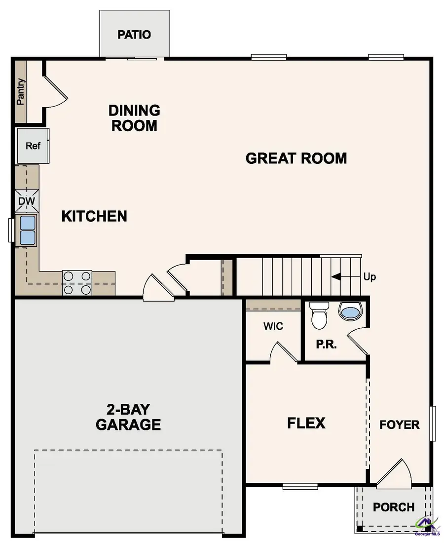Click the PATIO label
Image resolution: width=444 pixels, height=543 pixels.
(x=134, y=35)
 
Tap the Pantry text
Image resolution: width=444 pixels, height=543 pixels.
(x=21, y=92)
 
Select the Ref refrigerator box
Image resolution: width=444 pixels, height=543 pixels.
(x=33, y=146)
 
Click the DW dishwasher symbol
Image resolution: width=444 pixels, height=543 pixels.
(x=27, y=201)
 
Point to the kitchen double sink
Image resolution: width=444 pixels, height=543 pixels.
(x=28, y=230)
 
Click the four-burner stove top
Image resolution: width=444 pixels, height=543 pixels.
(x=77, y=283)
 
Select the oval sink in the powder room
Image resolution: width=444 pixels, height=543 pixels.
(x=351, y=311)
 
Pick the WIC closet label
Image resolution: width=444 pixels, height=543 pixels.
(x=273, y=327)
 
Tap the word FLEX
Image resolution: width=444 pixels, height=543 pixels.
(x=306, y=423)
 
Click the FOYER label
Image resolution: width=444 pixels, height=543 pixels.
(x=400, y=425)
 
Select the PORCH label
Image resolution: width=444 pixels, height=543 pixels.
(x=393, y=507)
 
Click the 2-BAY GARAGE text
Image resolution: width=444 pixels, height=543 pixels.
(x=128, y=417)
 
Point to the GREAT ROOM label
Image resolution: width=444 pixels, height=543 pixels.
(x=296, y=158)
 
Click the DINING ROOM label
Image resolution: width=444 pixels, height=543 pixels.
(x=134, y=117)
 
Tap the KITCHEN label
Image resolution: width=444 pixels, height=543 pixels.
(x=94, y=216)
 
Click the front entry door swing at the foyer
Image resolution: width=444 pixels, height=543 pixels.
(x=394, y=473)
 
